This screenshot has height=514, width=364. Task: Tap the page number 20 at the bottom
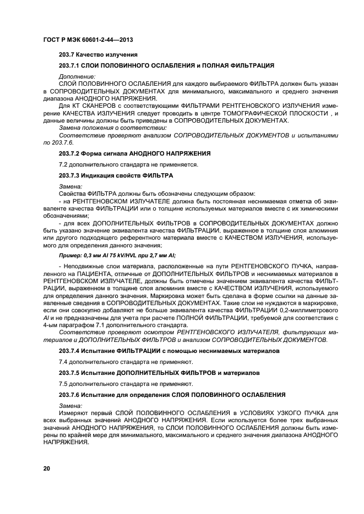pyautogui.click(x=47, y=468)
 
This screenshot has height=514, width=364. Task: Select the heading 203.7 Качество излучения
pyautogui.click(x=97, y=54)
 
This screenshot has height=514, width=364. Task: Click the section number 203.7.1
pyautogui.click(x=71, y=65)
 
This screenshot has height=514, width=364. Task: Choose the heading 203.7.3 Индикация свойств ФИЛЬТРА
pyautogui.click(x=116, y=175)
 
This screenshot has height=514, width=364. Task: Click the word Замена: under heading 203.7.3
pyautogui.click(x=70, y=187)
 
